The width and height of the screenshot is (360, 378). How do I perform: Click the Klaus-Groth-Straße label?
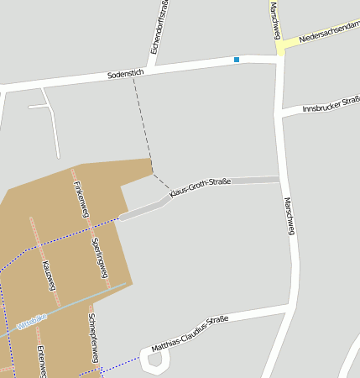[200, 188]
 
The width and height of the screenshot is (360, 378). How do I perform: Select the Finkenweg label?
[81, 199]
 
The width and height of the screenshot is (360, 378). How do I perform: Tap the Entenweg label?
[40, 361]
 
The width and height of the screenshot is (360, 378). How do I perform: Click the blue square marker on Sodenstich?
[237, 60]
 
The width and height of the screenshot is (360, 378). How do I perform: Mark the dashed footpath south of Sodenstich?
[140, 126]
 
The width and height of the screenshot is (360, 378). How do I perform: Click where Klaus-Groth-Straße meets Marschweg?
[279, 178]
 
